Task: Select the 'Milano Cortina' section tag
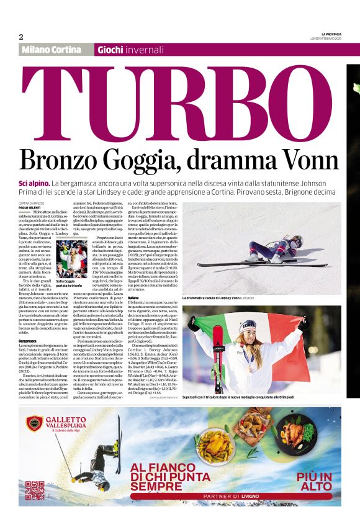52,50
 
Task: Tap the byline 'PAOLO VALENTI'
29,208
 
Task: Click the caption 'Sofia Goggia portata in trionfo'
67,284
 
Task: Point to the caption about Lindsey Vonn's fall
242,298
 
